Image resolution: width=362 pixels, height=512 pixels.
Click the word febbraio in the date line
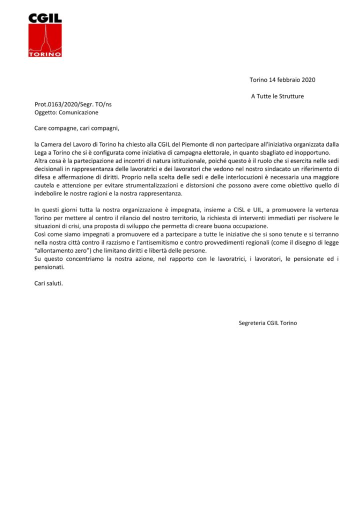289,80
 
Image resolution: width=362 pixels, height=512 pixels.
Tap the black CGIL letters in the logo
45,18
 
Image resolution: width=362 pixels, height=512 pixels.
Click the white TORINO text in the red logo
45,53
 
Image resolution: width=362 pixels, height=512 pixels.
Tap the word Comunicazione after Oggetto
76,112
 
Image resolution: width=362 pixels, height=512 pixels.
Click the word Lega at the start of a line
41,152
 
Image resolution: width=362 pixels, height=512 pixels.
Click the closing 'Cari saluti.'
48,283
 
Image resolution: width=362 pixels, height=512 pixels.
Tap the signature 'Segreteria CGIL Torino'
268,323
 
